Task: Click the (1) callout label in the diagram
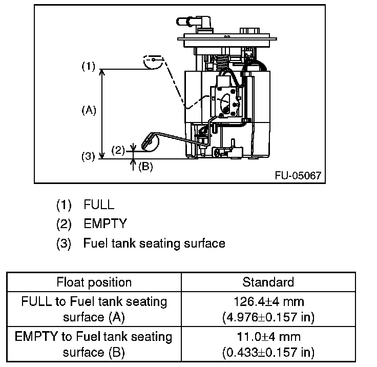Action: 89,67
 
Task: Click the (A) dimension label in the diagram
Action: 89,110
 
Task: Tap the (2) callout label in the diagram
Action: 118,150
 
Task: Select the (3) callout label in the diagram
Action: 89,157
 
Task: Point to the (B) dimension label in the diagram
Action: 145,167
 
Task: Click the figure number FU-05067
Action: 298,175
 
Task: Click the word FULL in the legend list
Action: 99,205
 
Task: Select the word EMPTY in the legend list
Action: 104,224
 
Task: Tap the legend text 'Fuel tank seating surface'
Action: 154,243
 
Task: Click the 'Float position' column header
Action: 94,282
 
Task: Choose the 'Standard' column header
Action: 268,282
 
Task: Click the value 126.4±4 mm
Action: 268,301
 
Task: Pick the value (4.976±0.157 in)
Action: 268,317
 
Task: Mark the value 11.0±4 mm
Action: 268,337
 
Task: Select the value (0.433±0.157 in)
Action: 268,353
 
